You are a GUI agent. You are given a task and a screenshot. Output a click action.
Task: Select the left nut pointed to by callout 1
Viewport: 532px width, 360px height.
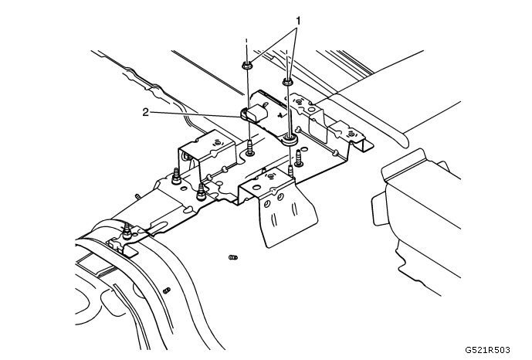245,66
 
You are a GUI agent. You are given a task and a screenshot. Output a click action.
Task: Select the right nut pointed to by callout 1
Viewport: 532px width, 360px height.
288,80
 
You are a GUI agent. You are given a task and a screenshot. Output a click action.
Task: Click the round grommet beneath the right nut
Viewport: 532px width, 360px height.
290,139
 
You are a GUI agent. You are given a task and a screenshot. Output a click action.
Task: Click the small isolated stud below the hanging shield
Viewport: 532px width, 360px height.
232,257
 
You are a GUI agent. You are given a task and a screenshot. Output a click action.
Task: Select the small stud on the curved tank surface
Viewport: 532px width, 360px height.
166,290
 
